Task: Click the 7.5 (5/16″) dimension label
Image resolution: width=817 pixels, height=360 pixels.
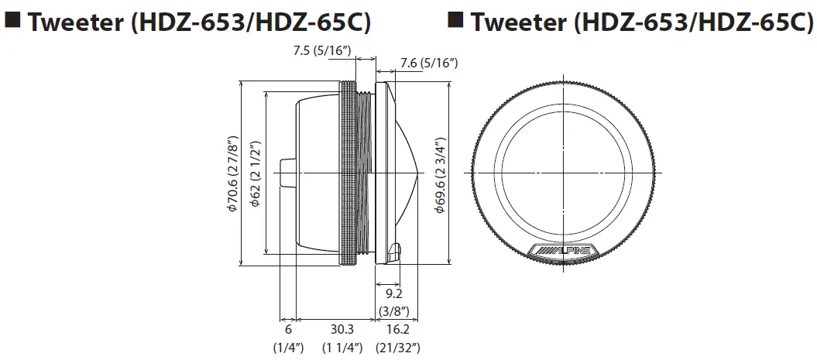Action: click(323, 50)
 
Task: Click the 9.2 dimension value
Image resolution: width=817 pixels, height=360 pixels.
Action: click(394, 293)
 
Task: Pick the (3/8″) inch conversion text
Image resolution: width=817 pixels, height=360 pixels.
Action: click(394, 311)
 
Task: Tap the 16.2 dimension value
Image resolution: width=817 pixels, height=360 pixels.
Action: click(397, 329)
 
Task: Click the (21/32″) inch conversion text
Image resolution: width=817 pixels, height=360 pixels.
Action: click(397, 348)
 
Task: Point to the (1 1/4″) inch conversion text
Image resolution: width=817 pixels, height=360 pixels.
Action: click(341, 348)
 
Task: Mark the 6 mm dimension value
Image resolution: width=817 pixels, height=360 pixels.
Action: click(287, 329)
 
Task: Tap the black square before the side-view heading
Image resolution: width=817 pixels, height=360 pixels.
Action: click(13, 19)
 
